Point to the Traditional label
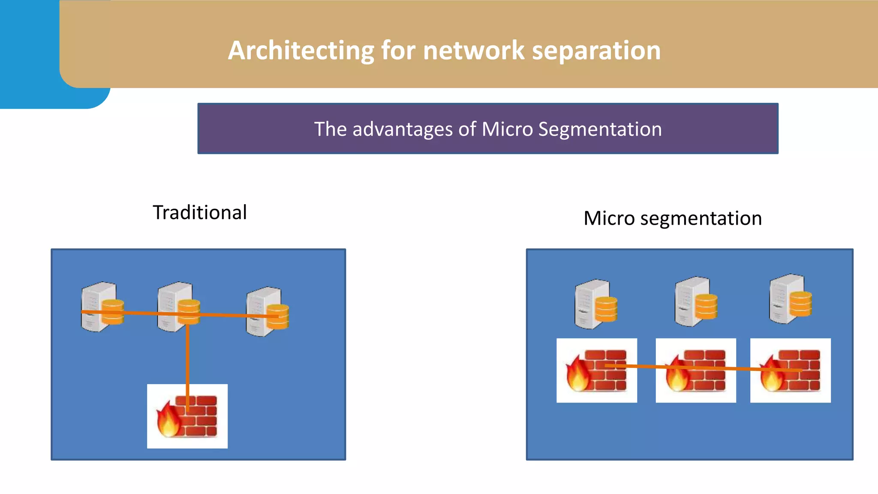pos(200,213)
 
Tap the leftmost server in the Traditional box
pos(99,306)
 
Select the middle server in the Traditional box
pos(174,306)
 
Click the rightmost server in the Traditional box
pos(263,311)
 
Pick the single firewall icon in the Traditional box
pos(187,416)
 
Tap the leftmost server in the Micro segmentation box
pos(592,304)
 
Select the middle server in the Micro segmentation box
pos(692,301)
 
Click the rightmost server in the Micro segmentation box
pos(787,298)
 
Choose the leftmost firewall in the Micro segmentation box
pos(596,370)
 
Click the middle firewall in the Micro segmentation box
pos(696,370)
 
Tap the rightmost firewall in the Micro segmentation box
pos(790,370)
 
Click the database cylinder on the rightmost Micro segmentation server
pos(800,304)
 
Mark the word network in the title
pos(474,51)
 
